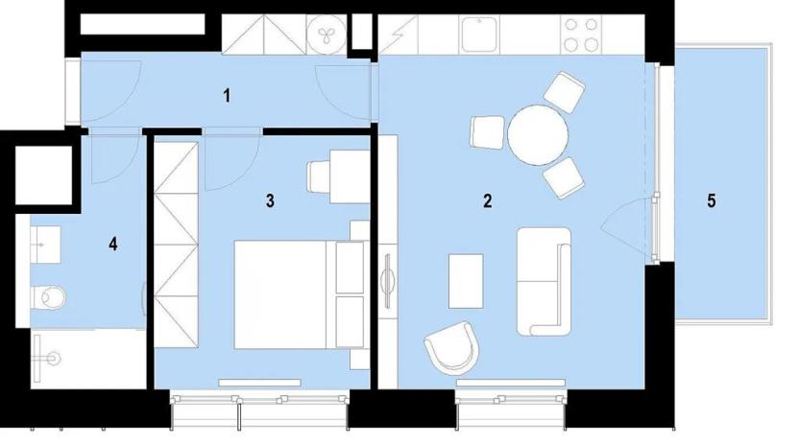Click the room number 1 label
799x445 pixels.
[227, 95]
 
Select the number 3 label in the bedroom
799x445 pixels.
[271, 200]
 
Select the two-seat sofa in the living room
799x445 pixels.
[544, 280]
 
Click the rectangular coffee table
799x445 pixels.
[467, 280]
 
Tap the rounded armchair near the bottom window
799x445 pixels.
[451, 346]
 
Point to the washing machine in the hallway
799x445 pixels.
[321, 35]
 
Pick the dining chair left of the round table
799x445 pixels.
[487, 131]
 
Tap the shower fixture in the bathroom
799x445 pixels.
[48, 358]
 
